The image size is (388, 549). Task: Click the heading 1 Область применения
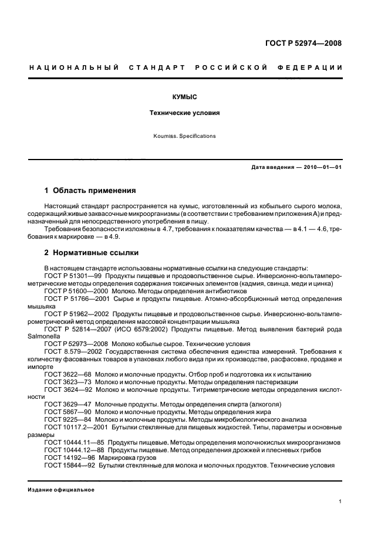[90, 191]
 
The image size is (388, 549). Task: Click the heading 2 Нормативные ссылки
[92, 253]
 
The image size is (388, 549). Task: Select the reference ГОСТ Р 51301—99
[68, 275]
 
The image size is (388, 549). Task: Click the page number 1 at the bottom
[340, 501]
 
